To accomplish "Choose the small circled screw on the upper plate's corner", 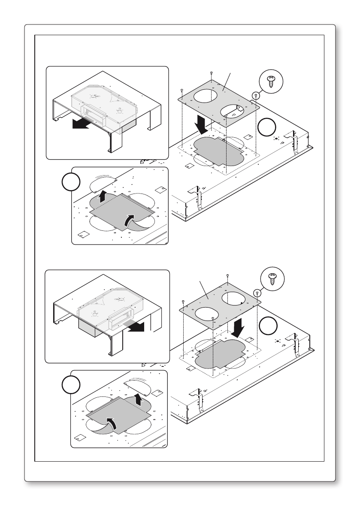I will [x=256, y=96].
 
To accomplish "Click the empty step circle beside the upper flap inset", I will [x=70, y=182].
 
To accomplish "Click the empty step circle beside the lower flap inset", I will [x=70, y=384].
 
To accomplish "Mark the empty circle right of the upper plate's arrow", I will [x=267, y=127].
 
